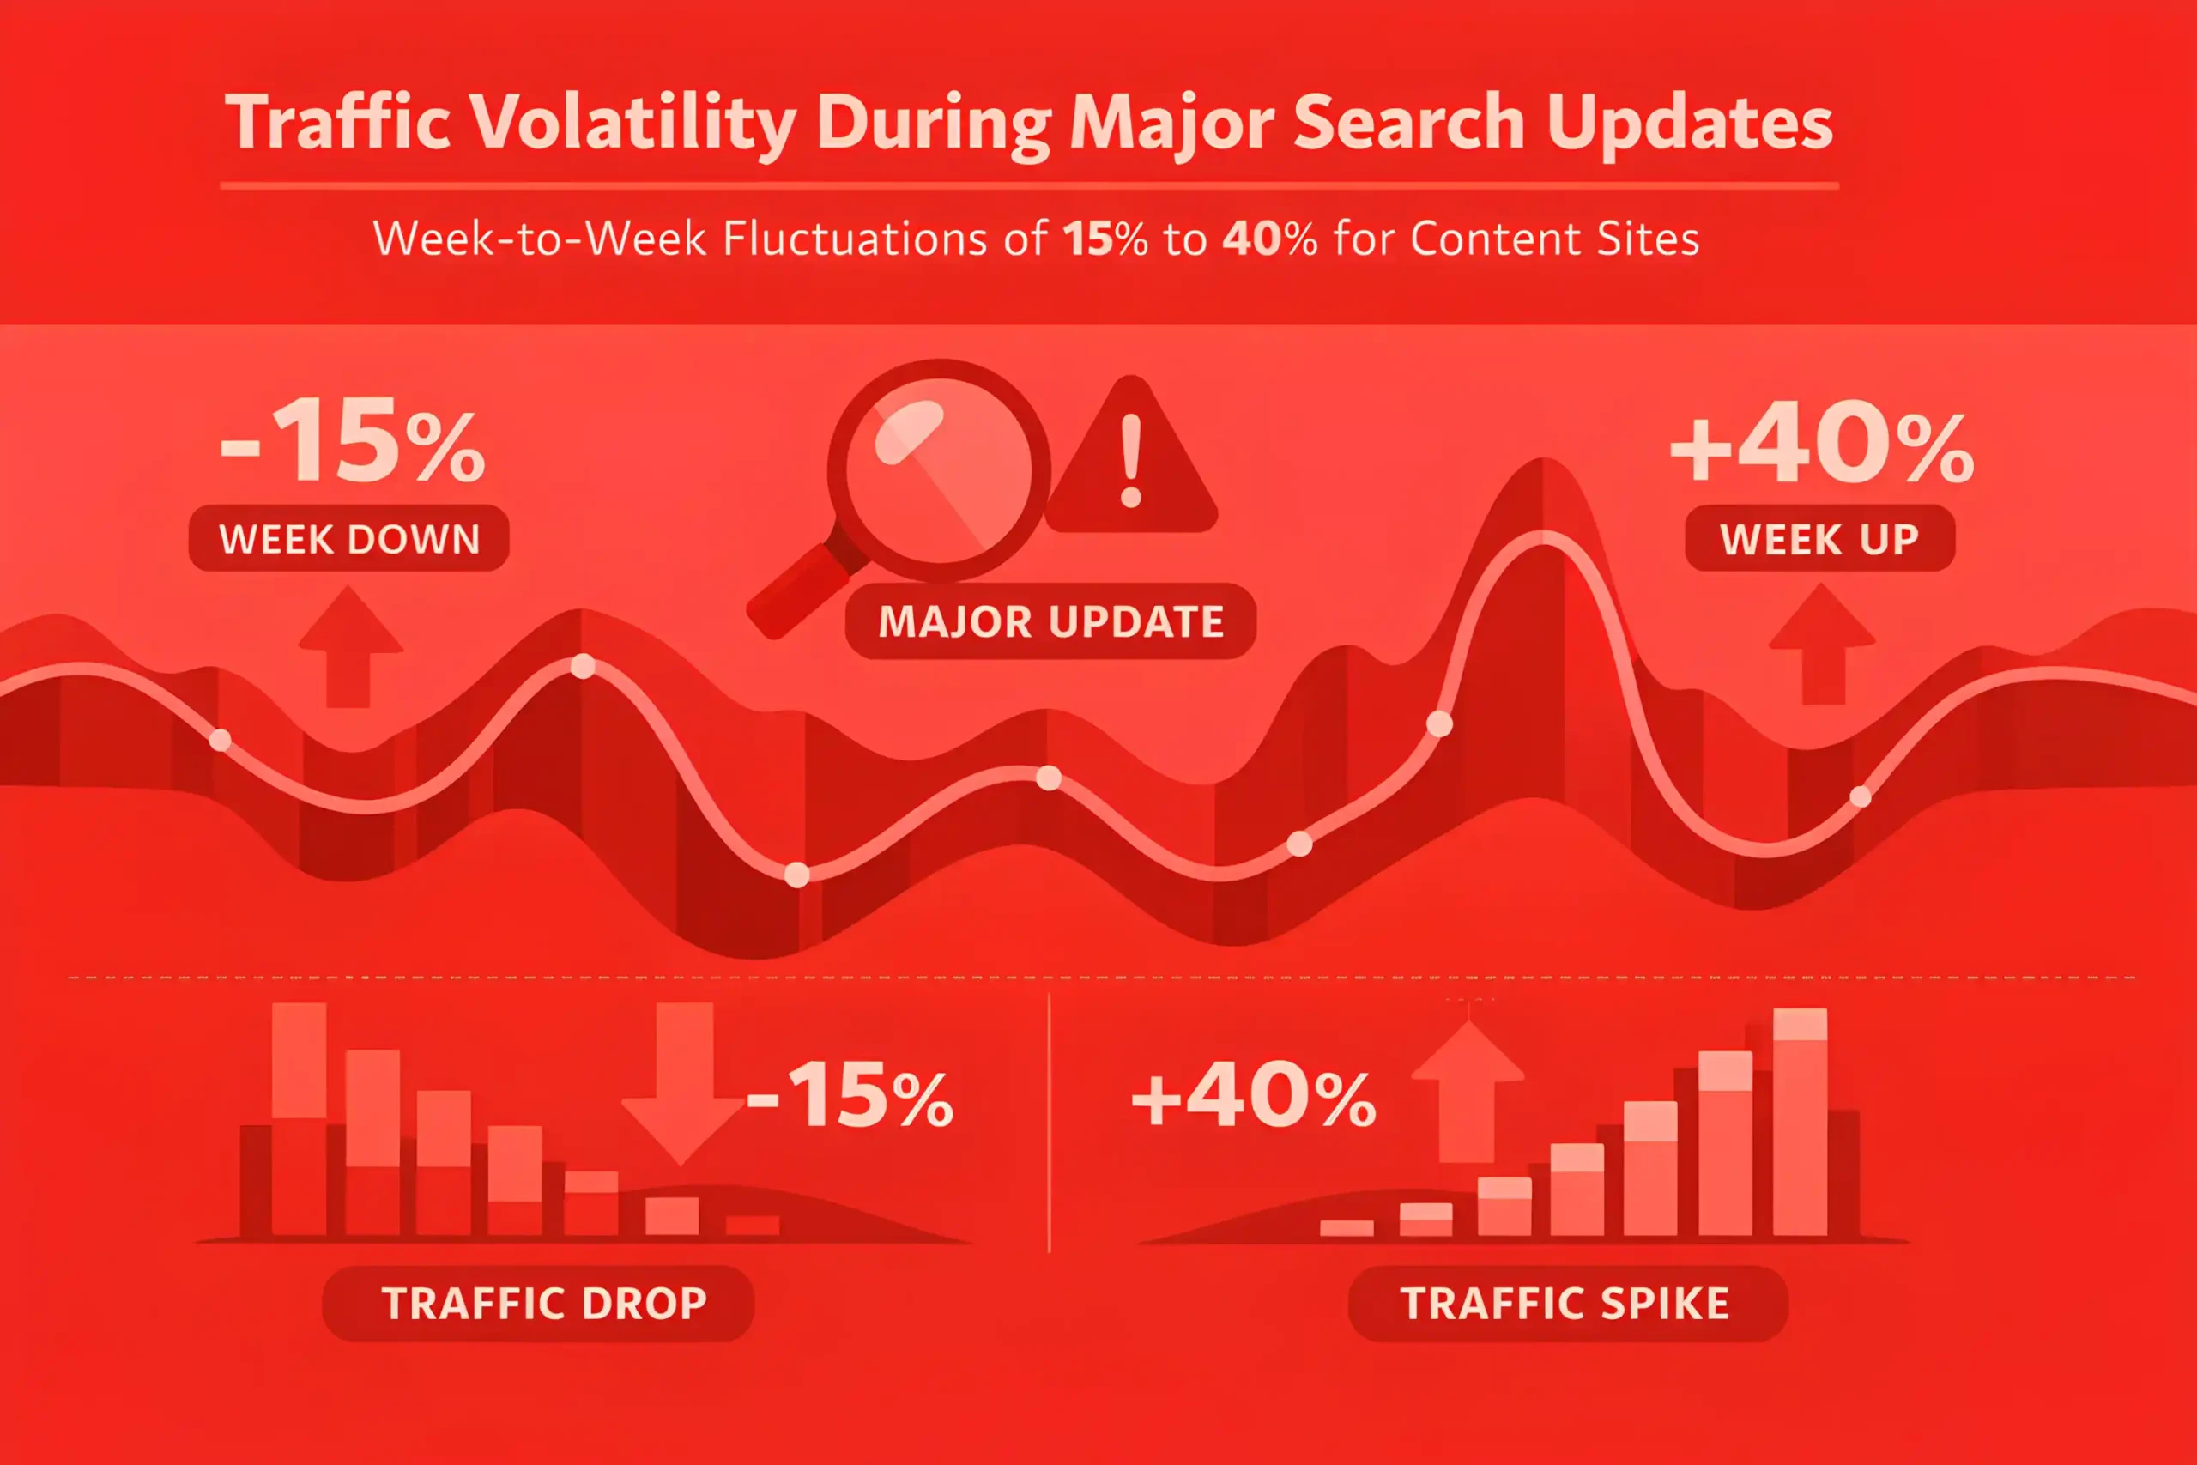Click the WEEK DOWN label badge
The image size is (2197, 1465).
pos(349,539)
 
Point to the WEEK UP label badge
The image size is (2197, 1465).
pos(1819,539)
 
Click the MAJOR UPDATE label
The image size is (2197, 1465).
pos(1050,621)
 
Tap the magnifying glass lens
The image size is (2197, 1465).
pos(938,470)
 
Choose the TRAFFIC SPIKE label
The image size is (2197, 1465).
pos(1565,1304)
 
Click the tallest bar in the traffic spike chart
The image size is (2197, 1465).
pos(1799,1121)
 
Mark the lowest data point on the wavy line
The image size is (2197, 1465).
pos(796,875)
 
